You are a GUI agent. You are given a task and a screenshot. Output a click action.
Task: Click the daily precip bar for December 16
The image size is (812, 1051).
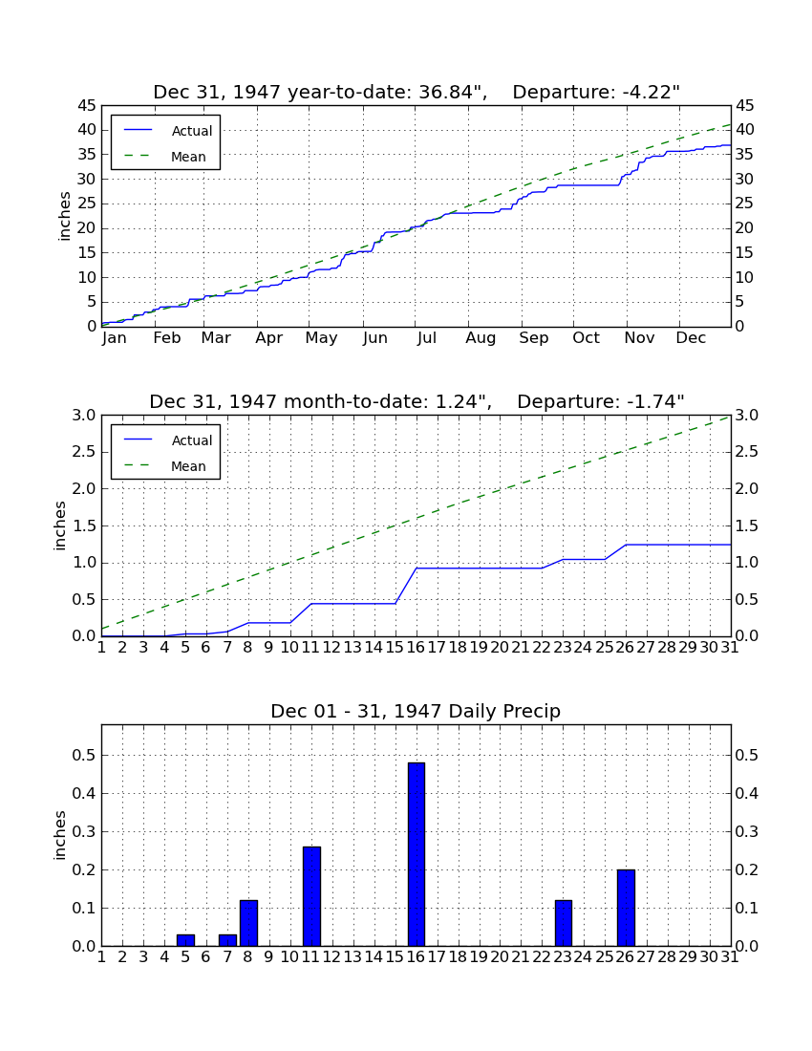pos(417,854)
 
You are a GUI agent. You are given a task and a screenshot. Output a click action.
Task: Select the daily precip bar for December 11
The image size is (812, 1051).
pos(311,896)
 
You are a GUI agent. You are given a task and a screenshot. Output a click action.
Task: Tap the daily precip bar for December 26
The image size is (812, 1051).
pos(626,908)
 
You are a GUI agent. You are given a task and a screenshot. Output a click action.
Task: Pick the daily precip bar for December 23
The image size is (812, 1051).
pos(564,923)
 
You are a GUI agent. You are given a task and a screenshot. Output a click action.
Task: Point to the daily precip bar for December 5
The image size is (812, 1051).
pos(185,940)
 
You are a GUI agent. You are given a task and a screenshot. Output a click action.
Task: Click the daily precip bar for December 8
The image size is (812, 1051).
pos(248,923)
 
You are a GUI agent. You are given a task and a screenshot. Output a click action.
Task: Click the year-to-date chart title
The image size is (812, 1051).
pos(417,92)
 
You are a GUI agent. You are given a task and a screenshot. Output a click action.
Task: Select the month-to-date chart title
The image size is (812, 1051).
pos(417,401)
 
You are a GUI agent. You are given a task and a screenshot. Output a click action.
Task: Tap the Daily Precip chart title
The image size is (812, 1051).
pos(416,711)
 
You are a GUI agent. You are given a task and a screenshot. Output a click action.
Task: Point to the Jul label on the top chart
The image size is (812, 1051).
pos(427,338)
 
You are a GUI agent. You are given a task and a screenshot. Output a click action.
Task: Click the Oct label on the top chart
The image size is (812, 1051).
pos(586,338)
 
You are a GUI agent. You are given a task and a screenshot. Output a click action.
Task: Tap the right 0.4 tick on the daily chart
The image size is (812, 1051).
pos(747,794)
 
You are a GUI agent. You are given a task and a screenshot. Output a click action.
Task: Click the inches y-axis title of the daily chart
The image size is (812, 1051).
pos(60,835)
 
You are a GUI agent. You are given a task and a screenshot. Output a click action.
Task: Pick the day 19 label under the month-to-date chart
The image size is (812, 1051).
pos(479,648)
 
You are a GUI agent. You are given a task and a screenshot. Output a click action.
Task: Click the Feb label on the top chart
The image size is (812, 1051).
pos(167,338)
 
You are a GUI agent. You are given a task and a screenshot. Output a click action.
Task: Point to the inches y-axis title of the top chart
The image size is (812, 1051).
pos(64,216)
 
